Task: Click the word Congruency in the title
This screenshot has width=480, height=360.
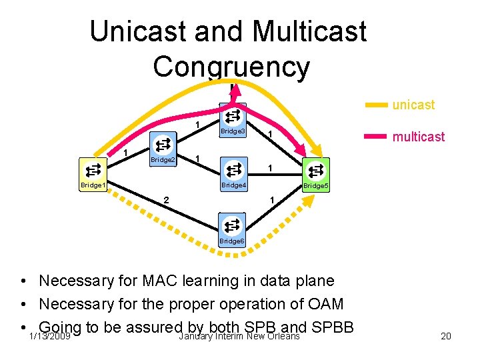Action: click(x=231, y=67)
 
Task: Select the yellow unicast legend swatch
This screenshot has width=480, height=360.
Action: click(x=377, y=105)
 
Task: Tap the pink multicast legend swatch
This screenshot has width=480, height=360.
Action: click(x=377, y=137)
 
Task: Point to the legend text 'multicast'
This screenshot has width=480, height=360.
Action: click(x=419, y=137)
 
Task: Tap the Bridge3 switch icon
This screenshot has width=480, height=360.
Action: click(x=232, y=117)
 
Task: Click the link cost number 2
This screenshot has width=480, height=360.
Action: click(x=167, y=199)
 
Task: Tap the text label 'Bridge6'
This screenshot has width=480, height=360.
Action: click(x=232, y=241)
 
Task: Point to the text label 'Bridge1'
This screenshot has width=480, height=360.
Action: click(x=93, y=185)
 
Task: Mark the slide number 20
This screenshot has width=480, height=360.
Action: click(x=445, y=336)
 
